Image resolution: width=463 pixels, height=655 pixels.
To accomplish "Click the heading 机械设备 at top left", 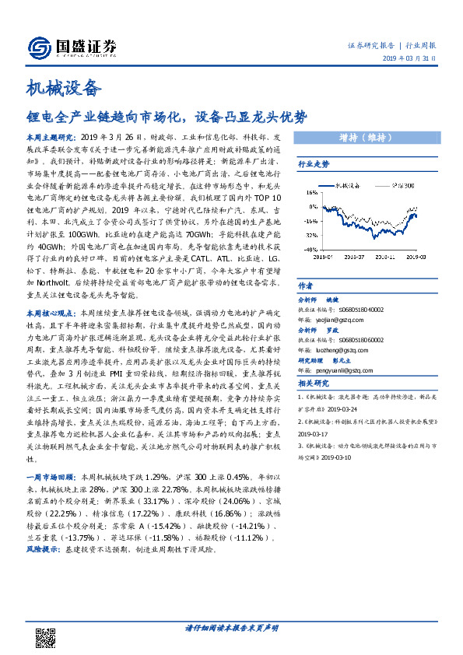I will coord(64,88).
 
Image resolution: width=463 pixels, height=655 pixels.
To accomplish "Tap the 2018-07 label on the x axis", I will coord(353,254).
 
